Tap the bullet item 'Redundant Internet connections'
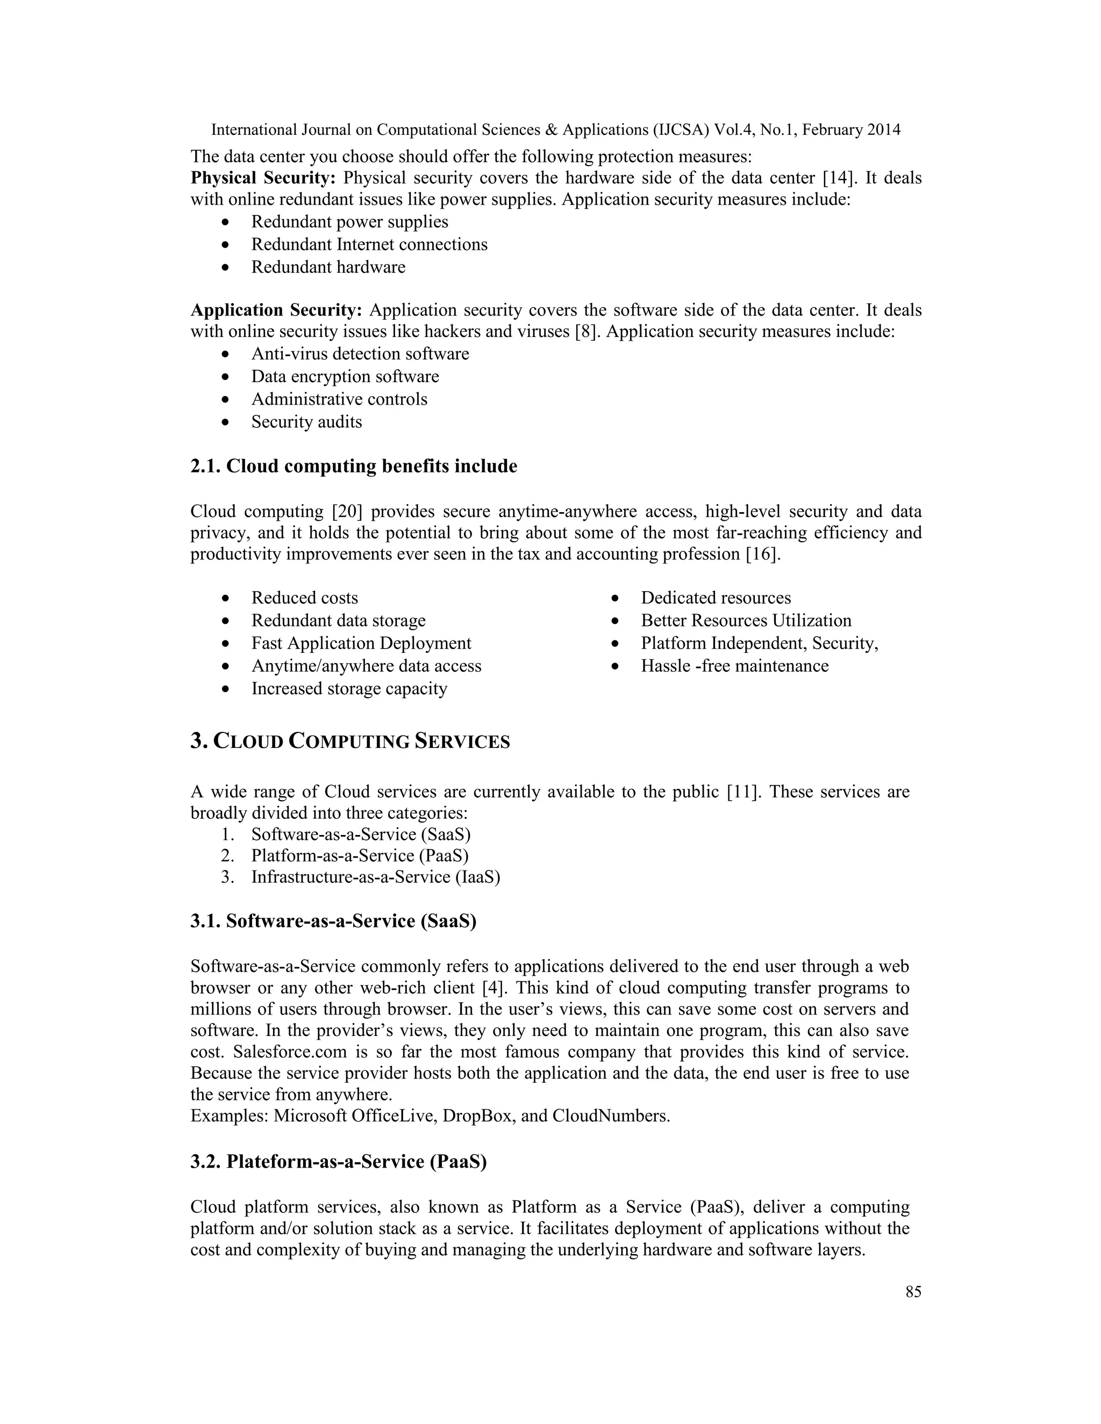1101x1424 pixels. (x=369, y=244)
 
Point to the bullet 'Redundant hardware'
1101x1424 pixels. (x=328, y=267)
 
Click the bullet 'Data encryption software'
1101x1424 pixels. (x=345, y=377)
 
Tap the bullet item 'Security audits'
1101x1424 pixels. (x=306, y=422)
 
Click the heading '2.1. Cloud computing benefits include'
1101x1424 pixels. (x=354, y=466)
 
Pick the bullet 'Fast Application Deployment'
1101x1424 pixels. (x=361, y=644)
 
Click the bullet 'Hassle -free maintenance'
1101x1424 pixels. (x=734, y=666)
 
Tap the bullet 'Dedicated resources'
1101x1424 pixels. (x=716, y=598)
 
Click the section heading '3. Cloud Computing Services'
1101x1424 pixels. (x=351, y=742)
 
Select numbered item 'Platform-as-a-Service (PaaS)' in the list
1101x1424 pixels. (x=360, y=855)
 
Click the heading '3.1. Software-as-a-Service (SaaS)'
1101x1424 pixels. (x=333, y=921)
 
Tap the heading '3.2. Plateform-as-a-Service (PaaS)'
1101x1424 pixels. (x=339, y=1162)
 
